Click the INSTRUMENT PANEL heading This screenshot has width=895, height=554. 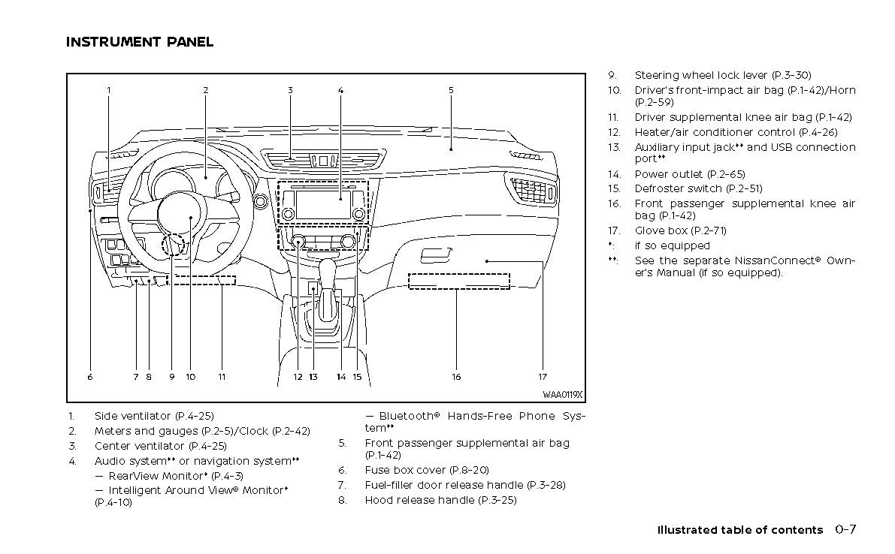coord(140,42)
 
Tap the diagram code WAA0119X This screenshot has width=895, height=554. coord(563,395)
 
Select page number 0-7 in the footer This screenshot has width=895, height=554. coord(845,529)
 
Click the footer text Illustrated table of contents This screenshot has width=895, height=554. coord(740,530)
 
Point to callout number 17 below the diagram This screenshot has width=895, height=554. coord(542,377)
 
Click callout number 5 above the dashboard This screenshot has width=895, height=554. coord(451,90)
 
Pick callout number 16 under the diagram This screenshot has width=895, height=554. coord(456,377)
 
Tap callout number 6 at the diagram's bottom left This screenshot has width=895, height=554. coord(89,377)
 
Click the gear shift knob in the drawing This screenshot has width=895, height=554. coord(328,269)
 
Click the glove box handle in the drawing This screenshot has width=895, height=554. coord(436,256)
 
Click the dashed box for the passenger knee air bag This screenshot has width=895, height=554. coord(458,282)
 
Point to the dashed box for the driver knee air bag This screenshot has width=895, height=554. coord(200,280)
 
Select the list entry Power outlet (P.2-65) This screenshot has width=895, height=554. coord(690,174)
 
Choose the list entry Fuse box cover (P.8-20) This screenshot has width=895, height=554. coord(427,470)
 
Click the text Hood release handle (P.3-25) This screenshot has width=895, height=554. coord(440,500)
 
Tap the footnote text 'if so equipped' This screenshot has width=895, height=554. coord(672,245)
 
